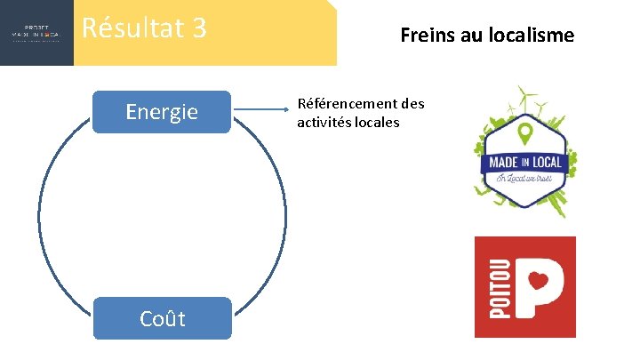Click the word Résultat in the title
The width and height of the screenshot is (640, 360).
(129, 28)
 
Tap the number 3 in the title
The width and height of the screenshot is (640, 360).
(198, 28)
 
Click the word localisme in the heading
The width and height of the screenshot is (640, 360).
(531, 36)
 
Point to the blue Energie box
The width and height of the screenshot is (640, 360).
(162, 112)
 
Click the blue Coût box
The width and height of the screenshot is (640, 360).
(162, 318)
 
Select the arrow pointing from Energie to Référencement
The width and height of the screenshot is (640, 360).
(262, 111)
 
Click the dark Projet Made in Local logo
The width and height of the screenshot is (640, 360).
(36, 33)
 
